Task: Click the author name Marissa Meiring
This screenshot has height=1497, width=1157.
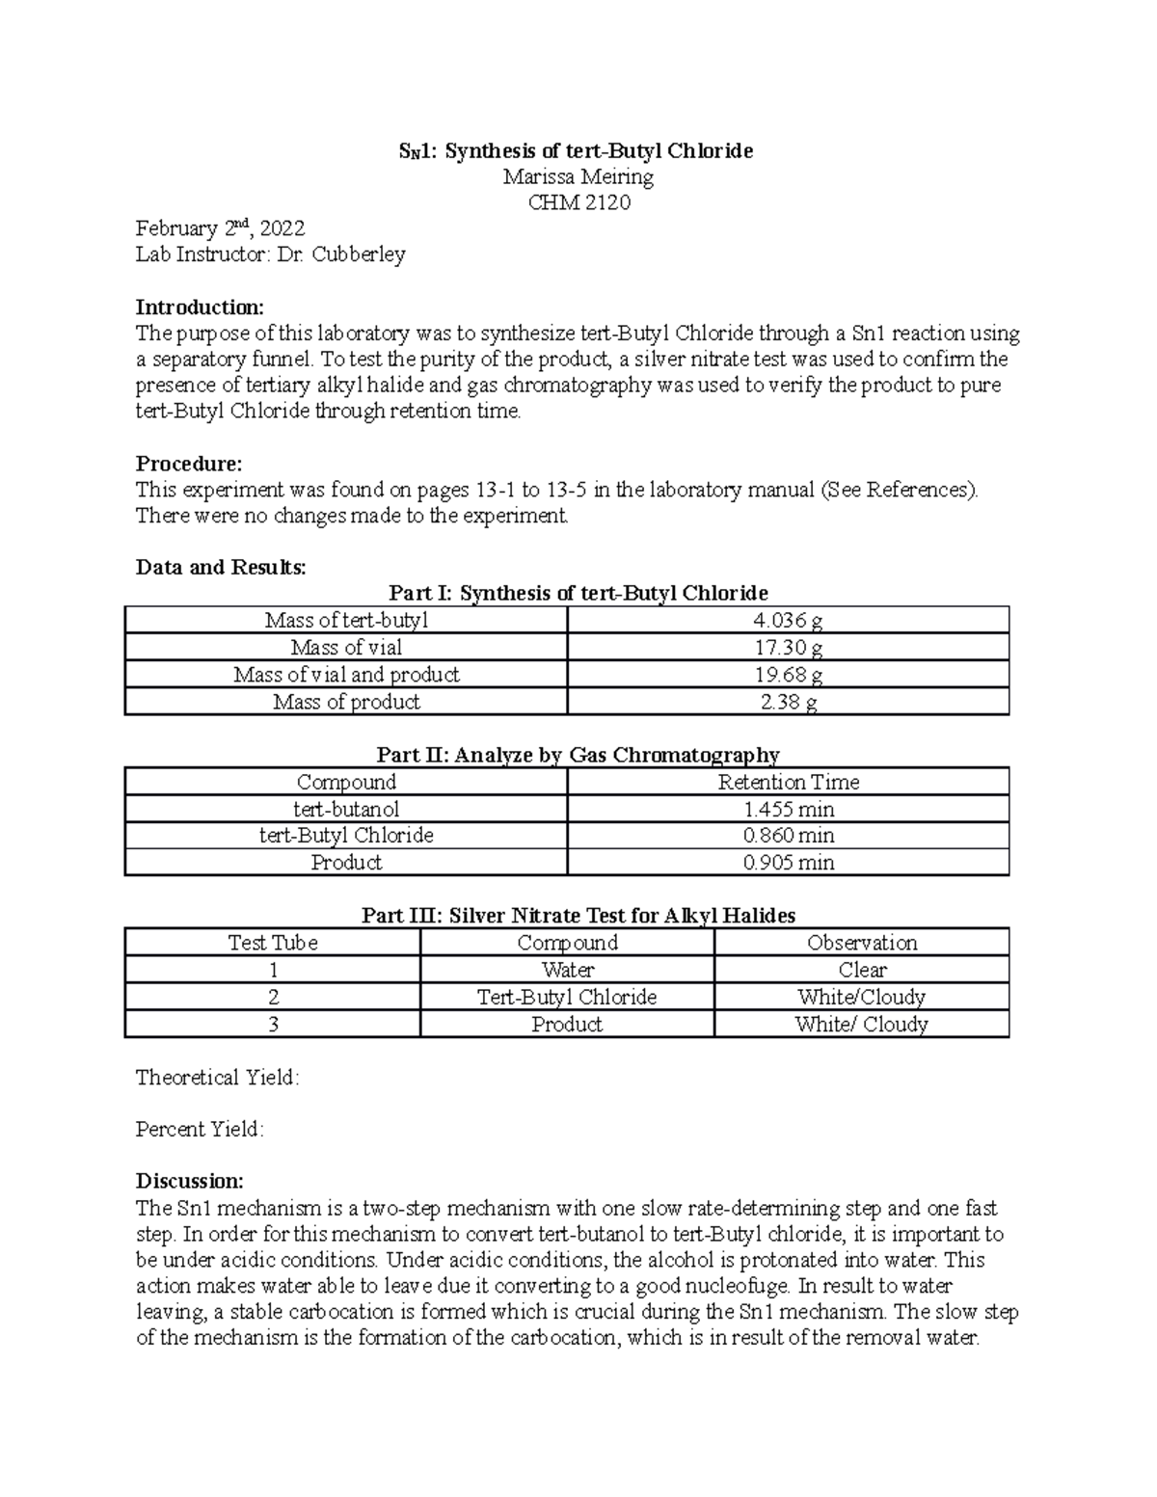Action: coord(578,176)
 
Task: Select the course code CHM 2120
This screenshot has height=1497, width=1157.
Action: coord(578,202)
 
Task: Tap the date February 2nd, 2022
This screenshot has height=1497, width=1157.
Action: coord(220,228)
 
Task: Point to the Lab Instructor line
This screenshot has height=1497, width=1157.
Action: coord(270,254)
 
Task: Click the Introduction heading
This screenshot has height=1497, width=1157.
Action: coord(199,307)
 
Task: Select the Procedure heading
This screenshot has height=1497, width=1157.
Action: coord(188,464)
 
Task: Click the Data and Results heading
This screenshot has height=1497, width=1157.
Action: coord(221,567)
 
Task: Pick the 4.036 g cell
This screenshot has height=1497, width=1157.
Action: coord(788,620)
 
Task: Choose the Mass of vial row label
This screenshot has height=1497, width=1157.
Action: coord(346,647)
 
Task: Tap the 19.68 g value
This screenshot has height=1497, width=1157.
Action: coord(788,674)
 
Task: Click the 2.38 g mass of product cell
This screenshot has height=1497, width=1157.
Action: coord(788,701)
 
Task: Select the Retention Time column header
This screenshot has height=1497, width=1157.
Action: coord(788,782)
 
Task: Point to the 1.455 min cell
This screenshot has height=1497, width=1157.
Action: coord(788,809)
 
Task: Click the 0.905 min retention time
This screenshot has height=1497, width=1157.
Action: coord(788,862)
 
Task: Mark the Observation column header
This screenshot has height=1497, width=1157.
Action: coord(861,943)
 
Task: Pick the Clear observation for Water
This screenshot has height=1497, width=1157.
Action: coord(861,970)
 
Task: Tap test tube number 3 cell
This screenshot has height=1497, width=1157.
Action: coord(273,1024)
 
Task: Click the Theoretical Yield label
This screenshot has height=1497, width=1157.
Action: coord(217,1078)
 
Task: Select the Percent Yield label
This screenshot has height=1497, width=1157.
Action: coord(200,1129)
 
